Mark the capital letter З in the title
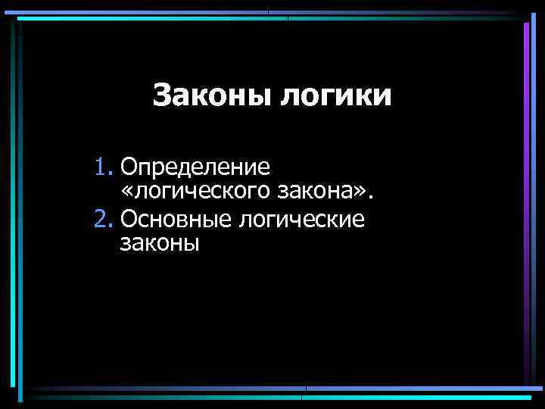[161, 97]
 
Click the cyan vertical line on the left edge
[12, 204]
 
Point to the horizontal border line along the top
[272, 14]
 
